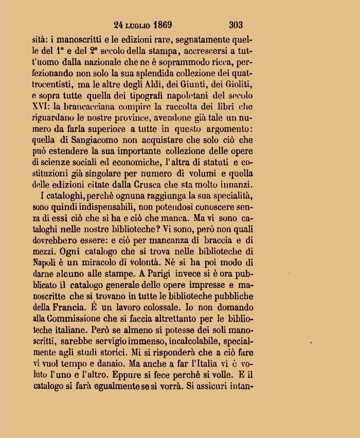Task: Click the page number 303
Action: click(x=236, y=25)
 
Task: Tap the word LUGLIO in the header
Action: click(x=135, y=25)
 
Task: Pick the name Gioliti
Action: click(x=238, y=83)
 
